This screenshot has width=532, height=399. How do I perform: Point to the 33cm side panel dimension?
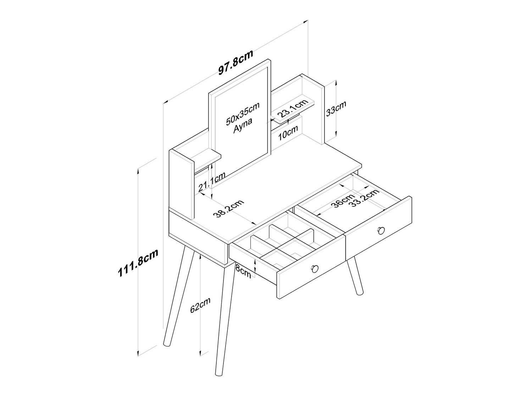click(336, 109)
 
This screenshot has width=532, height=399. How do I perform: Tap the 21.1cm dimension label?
click(212, 182)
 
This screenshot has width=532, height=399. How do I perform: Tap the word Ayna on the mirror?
click(243, 126)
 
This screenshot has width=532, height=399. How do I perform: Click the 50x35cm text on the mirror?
click(242, 113)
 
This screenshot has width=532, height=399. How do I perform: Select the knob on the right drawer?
click(381, 230)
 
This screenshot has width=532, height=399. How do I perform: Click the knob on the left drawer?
click(315, 268)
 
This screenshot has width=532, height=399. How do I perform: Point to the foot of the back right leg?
click(360, 292)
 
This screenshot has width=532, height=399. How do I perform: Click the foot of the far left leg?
click(167, 344)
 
